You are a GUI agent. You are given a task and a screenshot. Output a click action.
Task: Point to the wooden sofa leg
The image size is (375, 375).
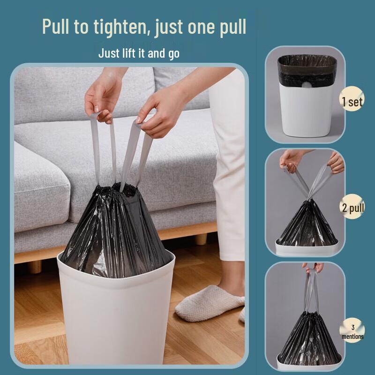click(x=202, y=239)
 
